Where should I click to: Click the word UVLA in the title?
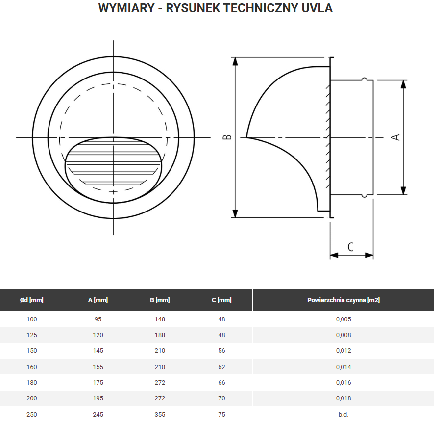[x=318, y=8]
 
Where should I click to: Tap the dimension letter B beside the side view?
[x=227, y=137]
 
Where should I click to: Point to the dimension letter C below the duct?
[x=351, y=246]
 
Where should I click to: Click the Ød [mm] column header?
[x=32, y=300]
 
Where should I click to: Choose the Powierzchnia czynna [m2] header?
[x=343, y=300]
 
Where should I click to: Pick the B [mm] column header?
[x=160, y=300]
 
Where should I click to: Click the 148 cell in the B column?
[x=160, y=319]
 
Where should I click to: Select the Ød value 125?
[x=32, y=335]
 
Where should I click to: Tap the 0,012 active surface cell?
[x=343, y=351]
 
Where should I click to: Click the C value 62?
[x=221, y=367]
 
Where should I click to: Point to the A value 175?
[x=98, y=382]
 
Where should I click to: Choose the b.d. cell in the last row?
[x=343, y=414]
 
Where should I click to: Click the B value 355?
[x=160, y=414]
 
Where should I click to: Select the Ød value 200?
[x=32, y=398]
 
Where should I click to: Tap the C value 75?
[x=221, y=414]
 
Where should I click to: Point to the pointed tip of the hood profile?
[x=247, y=137]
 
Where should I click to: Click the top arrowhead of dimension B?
[x=235, y=61]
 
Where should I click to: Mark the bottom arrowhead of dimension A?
[x=403, y=191]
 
